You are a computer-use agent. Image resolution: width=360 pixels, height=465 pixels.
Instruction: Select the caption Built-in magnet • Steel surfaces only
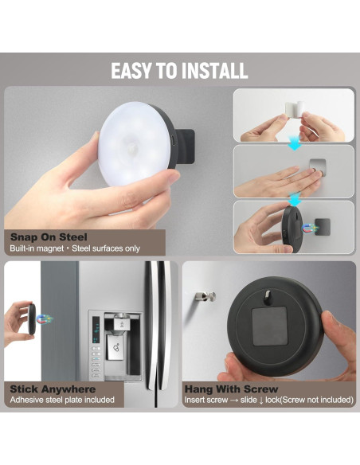(75, 248)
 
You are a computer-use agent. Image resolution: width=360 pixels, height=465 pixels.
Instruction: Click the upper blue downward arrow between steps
(294, 143)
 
